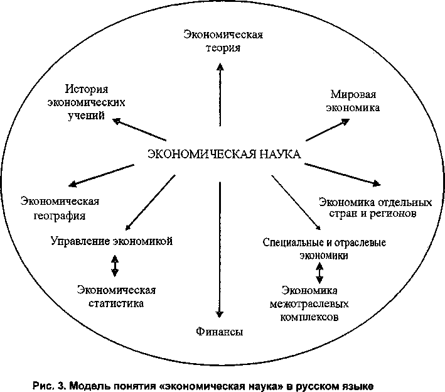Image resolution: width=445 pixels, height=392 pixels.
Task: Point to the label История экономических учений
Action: (x=96, y=102)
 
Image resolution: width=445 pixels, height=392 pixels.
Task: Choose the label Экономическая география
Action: (x=60, y=208)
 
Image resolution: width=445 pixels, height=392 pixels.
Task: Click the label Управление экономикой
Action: (x=112, y=241)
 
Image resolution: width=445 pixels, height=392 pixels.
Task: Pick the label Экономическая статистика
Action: (x=116, y=296)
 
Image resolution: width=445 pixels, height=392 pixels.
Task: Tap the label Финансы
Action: (x=218, y=331)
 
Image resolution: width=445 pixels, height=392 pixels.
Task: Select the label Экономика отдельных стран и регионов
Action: (x=375, y=208)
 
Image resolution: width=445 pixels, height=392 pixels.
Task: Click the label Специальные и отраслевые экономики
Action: (x=324, y=249)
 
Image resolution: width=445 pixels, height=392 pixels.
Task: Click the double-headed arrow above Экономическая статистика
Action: (x=114, y=265)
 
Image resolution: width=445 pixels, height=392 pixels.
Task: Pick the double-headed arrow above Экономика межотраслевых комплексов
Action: (x=320, y=273)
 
